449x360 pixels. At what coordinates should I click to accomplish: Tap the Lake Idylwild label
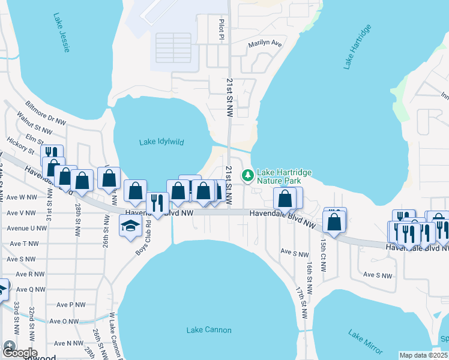(161, 142)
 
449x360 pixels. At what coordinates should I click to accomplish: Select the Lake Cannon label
(209, 330)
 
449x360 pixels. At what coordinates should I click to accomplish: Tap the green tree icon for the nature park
(247, 176)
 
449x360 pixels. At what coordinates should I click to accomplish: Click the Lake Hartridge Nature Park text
(284, 176)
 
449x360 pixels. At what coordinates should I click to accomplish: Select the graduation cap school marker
(130, 226)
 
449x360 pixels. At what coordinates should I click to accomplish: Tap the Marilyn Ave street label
(265, 43)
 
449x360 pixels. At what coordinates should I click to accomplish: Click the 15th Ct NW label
(323, 250)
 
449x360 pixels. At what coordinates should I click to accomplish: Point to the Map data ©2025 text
(423, 355)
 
